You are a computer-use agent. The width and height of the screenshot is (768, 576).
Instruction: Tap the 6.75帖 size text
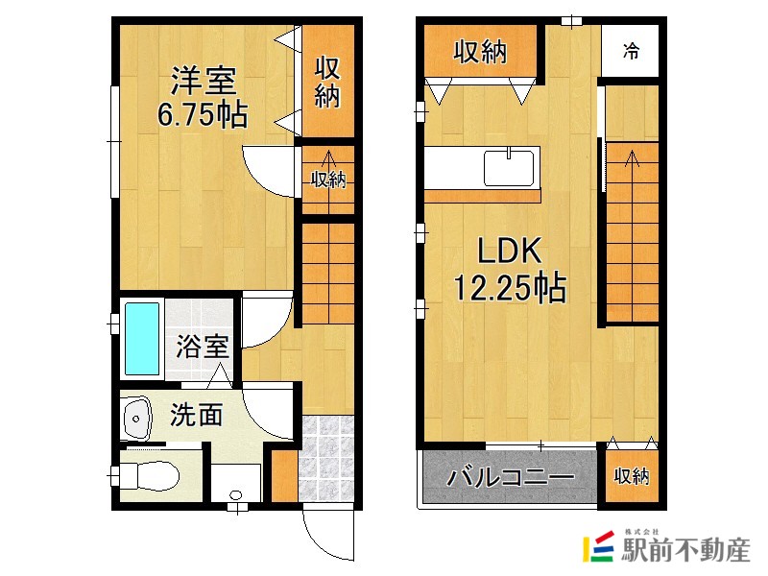[203, 115]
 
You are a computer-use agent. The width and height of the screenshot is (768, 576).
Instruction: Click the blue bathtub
[142, 340]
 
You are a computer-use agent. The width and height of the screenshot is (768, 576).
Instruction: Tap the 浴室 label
[203, 347]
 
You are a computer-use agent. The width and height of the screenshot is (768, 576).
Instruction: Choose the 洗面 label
[197, 416]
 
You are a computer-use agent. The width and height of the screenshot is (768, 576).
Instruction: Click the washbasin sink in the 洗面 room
[136, 418]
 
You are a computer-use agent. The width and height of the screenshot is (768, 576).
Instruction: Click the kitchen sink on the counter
[508, 168]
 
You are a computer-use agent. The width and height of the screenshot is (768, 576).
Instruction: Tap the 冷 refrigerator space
[630, 50]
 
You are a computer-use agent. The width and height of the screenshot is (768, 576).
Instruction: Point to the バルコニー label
[510, 477]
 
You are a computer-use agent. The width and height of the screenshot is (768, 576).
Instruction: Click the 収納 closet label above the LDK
[480, 52]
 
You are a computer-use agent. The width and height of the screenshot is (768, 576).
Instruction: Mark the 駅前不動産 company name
[685, 551]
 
